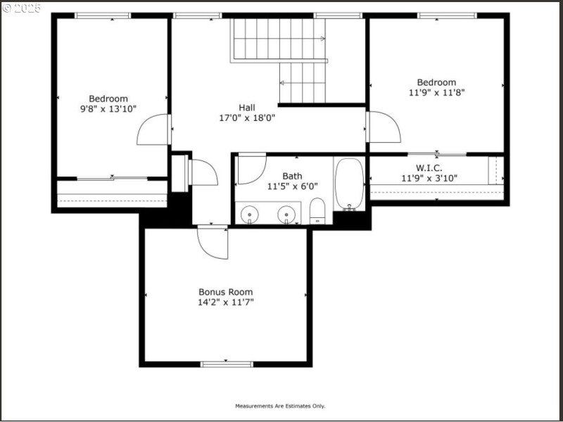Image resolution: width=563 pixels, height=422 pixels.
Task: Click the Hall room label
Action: pos(246,108)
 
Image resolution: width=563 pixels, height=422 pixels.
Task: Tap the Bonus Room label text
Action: pos(225,292)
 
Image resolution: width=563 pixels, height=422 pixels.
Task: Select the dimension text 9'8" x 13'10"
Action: pos(108,109)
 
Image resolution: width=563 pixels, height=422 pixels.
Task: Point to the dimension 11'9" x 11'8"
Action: pos(436,92)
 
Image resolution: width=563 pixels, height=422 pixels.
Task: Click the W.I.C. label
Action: pos(429,168)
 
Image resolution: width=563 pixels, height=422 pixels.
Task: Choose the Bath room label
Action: pos(292,176)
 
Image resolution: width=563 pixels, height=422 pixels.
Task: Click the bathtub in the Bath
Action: pos(348,184)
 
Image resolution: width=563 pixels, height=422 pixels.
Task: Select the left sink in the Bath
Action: pos(249,212)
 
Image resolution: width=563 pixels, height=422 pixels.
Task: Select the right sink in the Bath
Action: pos(286,212)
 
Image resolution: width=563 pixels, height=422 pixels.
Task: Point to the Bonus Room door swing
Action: pos(213,242)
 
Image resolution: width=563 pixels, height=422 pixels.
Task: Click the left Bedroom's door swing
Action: pos(153,131)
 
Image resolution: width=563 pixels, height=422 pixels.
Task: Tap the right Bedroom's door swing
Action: pos(384,127)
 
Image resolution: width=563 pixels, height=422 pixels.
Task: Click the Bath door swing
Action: pos(251,169)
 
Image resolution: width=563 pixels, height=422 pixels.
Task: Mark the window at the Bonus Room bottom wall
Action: pos(227,364)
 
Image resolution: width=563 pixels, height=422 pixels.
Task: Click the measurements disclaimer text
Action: pos(280,406)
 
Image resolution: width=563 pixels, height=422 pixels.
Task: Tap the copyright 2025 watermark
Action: pos(22,8)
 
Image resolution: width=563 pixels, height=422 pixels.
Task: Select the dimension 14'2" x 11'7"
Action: pos(225,302)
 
